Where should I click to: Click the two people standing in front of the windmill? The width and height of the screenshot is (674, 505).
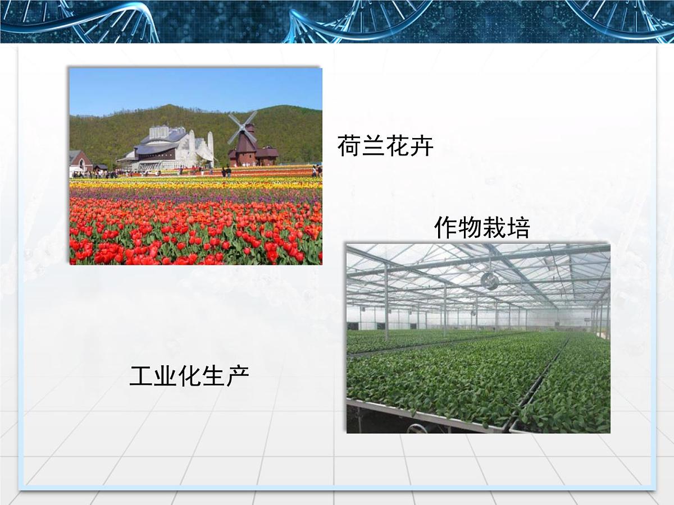(226, 172)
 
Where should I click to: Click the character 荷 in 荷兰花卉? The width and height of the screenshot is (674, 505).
(349, 146)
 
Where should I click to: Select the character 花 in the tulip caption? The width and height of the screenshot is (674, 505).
(397, 146)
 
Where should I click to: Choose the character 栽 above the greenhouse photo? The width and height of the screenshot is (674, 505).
(494, 228)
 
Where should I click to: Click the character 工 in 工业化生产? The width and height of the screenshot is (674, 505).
(141, 376)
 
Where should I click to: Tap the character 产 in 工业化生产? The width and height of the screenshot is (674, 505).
(237, 376)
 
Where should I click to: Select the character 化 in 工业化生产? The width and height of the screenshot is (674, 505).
(189, 376)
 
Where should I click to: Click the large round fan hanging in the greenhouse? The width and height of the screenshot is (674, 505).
(490, 281)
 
